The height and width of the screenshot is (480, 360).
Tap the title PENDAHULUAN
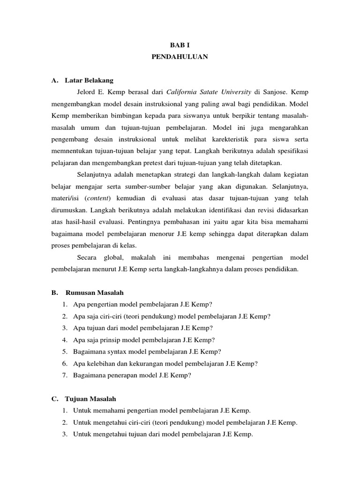180,57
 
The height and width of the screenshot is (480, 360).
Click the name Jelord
87,92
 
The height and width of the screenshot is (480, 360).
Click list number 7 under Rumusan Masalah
64,375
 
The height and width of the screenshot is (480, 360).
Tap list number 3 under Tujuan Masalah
64,434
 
